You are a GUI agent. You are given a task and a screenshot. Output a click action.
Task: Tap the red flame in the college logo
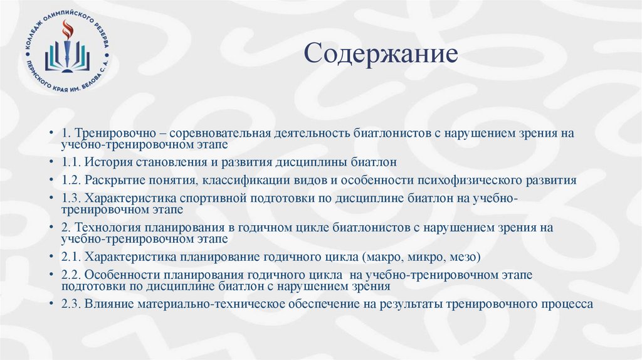coord(67,29)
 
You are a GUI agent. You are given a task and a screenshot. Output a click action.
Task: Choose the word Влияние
coord(107,304)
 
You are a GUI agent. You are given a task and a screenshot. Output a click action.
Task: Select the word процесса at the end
coord(567,304)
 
